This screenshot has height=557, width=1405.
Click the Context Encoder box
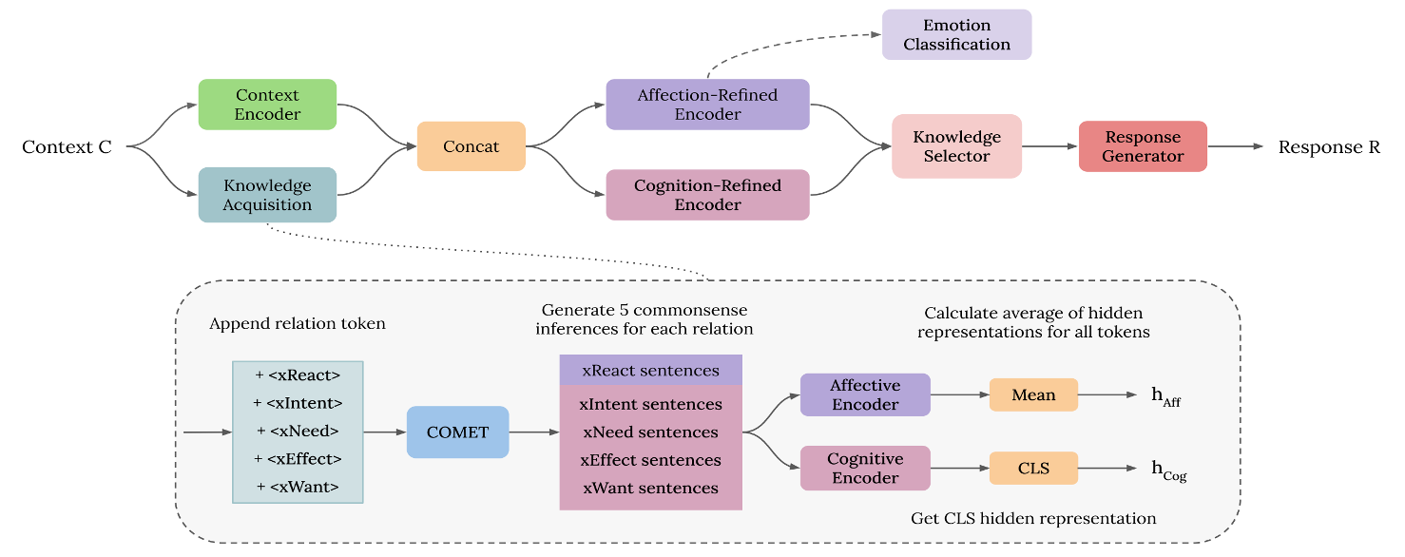(x=267, y=105)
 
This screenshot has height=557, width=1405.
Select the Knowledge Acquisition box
(x=267, y=195)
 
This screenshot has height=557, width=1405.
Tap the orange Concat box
(x=472, y=146)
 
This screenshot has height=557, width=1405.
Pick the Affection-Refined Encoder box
(x=707, y=105)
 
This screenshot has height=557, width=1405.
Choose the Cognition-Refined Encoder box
(x=707, y=195)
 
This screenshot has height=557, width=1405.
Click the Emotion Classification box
(x=956, y=35)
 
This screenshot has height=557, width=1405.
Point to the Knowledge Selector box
(x=956, y=146)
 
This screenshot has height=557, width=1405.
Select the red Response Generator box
(x=1143, y=146)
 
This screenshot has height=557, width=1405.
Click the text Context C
(x=67, y=147)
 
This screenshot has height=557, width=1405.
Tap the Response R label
(x=1329, y=147)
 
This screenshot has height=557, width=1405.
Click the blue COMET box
(x=457, y=432)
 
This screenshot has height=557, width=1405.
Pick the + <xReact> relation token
(x=298, y=375)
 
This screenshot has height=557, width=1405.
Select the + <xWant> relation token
(x=298, y=488)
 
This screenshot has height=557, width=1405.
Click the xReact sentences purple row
(x=650, y=370)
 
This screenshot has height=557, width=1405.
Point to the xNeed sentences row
(x=650, y=432)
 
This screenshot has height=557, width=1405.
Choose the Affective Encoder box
(x=865, y=394)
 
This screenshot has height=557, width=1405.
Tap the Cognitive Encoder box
(x=865, y=469)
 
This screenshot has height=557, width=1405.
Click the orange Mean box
(x=1033, y=394)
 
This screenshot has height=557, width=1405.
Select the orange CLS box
(x=1033, y=469)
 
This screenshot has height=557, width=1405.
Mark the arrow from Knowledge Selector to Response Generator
(x=1049, y=146)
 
